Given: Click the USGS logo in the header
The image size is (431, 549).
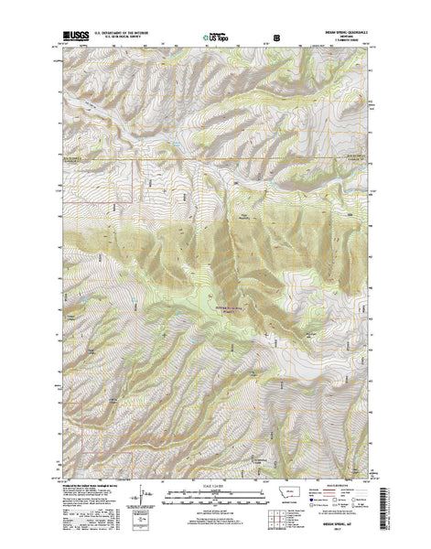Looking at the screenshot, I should coord(69,33).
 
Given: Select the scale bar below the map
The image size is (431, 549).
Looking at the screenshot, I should coord(215,499).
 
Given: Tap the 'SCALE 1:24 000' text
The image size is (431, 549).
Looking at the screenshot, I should coord(215,488).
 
